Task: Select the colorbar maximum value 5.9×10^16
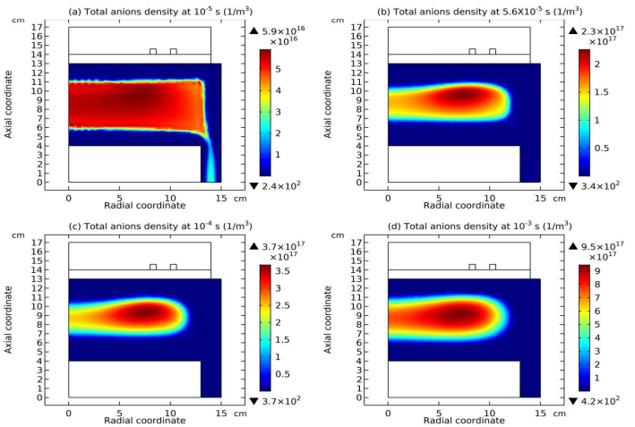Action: point(277,31)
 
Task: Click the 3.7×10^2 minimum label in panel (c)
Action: point(278,399)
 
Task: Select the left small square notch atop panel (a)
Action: point(153,51)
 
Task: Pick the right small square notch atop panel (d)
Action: point(493,266)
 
